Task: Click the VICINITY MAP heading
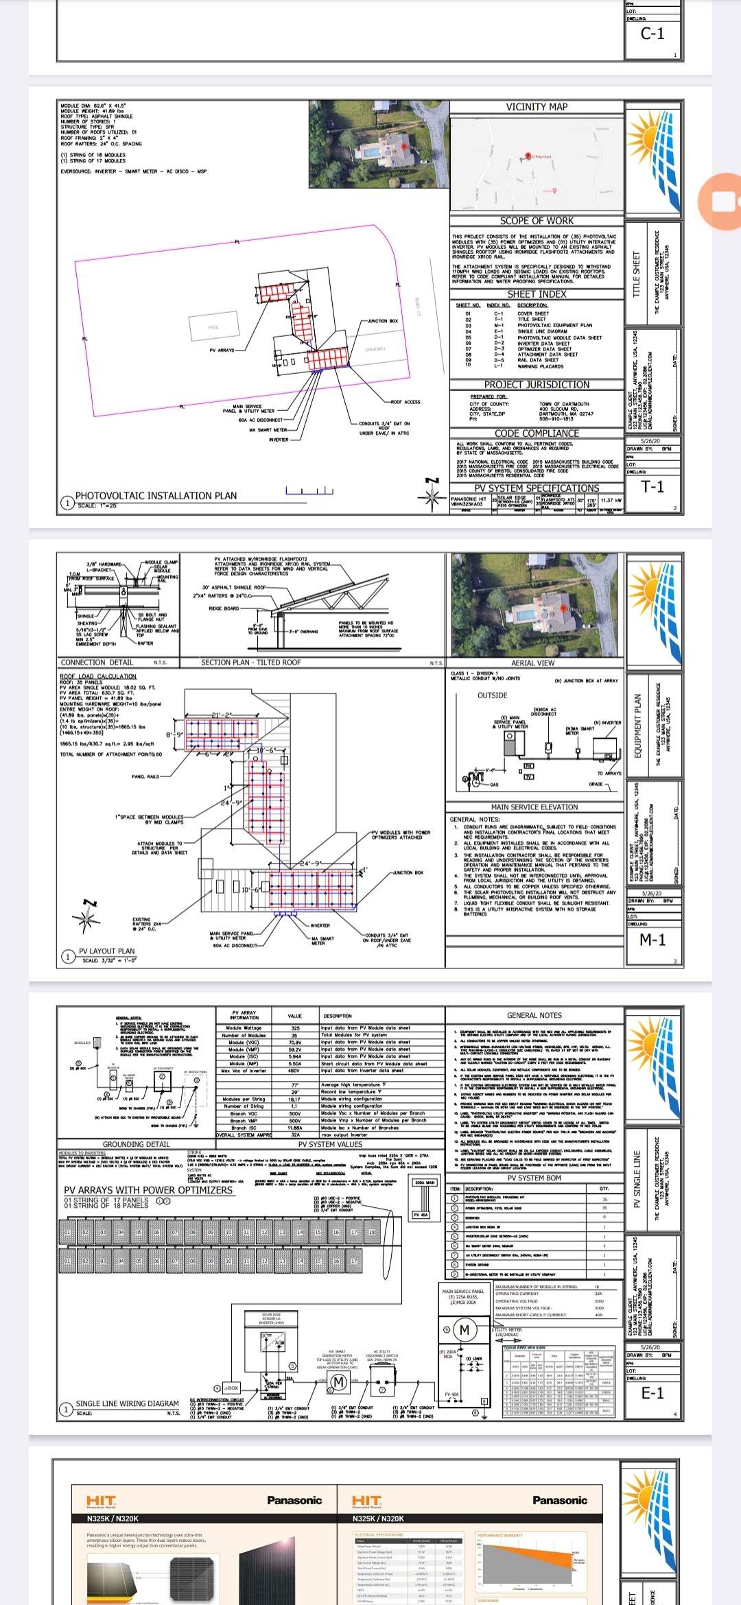537,107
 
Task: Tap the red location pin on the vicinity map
528,156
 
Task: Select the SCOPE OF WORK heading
537,221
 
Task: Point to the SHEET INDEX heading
537,294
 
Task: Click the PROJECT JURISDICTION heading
537,385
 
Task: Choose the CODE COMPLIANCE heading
537,433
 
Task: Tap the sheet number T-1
652,487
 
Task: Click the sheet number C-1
652,34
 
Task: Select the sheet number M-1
652,940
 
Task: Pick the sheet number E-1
652,1393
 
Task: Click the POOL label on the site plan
213,327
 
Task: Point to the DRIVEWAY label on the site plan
375,349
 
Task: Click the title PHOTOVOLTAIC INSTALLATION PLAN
156,496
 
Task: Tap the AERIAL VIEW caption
533,663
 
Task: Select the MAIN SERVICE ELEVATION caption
534,807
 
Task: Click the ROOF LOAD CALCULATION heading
97,676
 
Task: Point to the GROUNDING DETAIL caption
136,1145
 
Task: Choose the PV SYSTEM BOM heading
534,1178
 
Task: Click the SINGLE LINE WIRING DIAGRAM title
127,1404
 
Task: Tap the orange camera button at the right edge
720,201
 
